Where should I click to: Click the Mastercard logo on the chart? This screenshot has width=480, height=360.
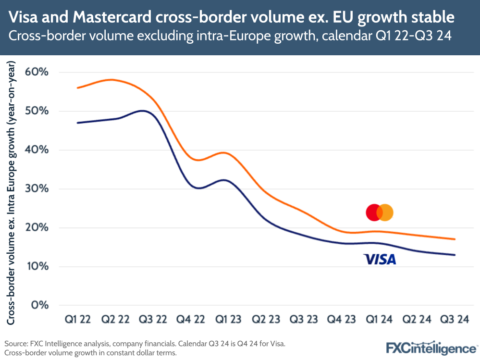click(x=380, y=212)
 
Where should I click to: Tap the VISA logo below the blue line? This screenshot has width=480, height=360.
click(x=380, y=260)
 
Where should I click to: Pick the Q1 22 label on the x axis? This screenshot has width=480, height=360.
click(x=78, y=319)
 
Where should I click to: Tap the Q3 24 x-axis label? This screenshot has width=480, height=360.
click(x=455, y=319)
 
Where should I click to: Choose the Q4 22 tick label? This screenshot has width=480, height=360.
click(x=191, y=319)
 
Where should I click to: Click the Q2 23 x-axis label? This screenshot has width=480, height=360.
click(x=266, y=319)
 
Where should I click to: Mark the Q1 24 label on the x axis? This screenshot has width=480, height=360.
click(x=379, y=319)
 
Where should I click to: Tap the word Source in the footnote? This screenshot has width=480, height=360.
click(x=15, y=344)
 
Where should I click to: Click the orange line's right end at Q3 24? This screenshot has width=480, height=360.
click(x=455, y=239)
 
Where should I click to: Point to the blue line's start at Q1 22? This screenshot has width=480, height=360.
click(x=78, y=123)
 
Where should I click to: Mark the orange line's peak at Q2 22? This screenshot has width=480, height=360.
click(x=111, y=80)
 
